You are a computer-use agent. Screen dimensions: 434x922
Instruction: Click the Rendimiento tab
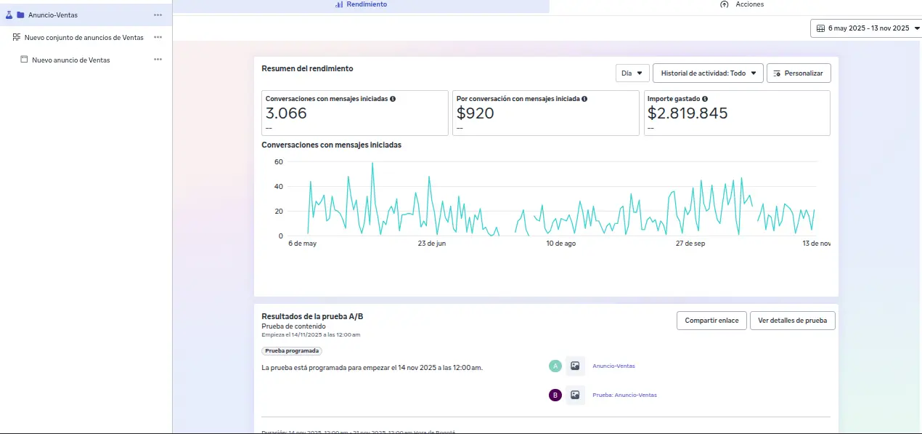click(361, 4)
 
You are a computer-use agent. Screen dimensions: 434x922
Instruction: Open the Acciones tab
click(742, 4)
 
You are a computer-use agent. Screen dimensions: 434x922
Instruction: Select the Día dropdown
click(632, 73)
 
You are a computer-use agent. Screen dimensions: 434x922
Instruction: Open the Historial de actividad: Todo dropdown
click(708, 73)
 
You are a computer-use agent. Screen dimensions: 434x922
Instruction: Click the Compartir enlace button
click(711, 321)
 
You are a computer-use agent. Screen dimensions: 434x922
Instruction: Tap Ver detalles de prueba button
click(792, 321)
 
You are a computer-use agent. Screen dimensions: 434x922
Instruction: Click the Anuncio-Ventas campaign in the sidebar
click(53, 15)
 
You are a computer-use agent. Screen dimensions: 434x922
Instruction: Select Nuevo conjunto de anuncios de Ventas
click(83, 37)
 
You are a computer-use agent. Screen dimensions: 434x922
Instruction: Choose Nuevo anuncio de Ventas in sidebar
click(70, 60)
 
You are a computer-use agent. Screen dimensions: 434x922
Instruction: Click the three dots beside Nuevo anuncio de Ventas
click(158, 60)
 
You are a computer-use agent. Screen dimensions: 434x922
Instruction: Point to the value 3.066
click(286, 113)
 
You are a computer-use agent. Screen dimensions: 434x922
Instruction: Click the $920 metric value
click(475, 113)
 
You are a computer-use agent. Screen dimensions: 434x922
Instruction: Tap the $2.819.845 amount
click(687, 113)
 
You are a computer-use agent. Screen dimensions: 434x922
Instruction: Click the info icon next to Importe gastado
click(705, 99)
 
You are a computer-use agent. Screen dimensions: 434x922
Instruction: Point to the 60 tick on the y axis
click(279, 162)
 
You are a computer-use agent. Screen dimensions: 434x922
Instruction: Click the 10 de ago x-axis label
click(560, 244)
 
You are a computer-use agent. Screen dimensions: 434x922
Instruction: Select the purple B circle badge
click(555, 395)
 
